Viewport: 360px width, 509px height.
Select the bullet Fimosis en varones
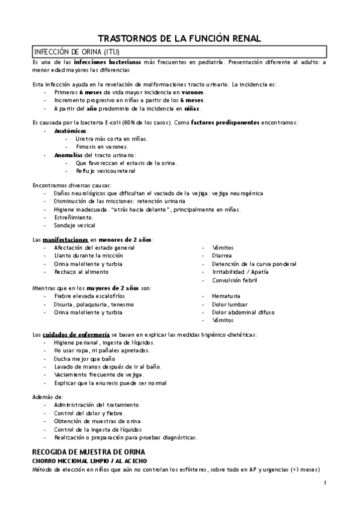[102, 146]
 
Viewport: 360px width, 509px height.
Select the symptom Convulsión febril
[235, 280]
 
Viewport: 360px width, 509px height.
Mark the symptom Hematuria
[226, 296]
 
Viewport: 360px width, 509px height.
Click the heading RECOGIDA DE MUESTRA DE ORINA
[89, 451]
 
